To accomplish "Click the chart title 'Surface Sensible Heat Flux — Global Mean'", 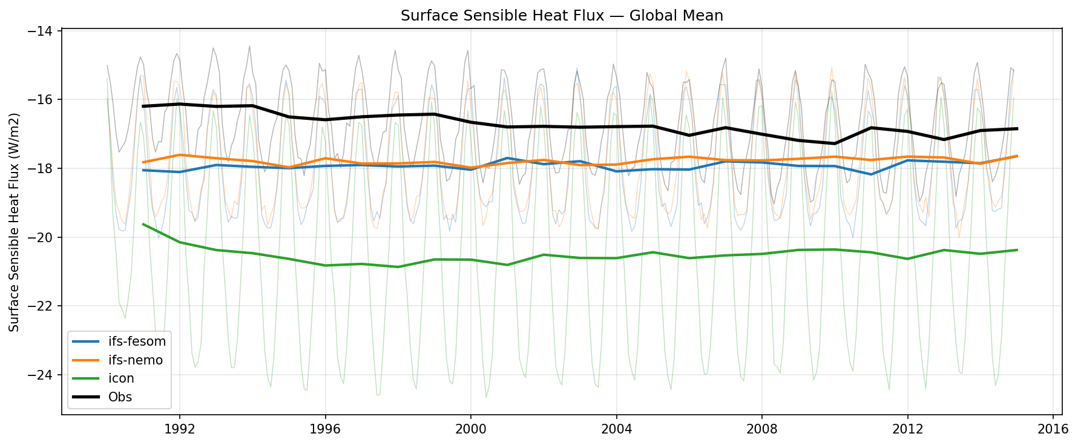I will coord(561,16).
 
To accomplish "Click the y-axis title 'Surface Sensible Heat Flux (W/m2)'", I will coord(15,222).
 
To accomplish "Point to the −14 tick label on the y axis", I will coord(45,31).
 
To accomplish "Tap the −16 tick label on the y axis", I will coord(45,99).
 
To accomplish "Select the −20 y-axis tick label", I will coord(45,237).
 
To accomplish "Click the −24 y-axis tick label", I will coord(45,375).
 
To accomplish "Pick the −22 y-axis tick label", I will coord(45,306).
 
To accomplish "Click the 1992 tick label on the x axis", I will coord(180,429).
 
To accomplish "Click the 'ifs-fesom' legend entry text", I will coord(137,341).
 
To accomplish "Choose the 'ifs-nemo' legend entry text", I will coord(136,360).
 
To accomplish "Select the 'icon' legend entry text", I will coord(121,378).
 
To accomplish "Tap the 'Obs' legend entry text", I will coord(120,397).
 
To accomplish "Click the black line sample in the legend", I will coord(85,397).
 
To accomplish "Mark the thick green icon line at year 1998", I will coord(398,267).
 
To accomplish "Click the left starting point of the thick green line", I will coord(143,224).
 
